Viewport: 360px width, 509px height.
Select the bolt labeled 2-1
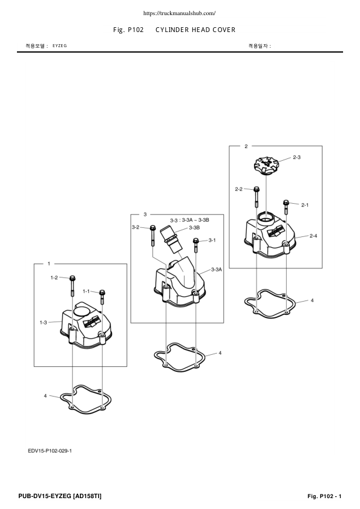tap(286, 207)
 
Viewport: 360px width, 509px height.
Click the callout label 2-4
tap(313, 235)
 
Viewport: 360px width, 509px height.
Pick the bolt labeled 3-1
tap(195, 245)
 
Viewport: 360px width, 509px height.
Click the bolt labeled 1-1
tap(102, 296)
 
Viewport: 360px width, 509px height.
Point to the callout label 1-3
tap(44, 323)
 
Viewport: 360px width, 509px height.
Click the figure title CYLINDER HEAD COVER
tap(195, 30)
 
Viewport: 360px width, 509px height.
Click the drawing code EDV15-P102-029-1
tap(54, 450)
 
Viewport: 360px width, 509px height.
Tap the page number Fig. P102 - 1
tap(324, 496)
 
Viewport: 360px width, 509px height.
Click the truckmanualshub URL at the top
tap(180, 13)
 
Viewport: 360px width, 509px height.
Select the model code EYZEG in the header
tap(60, 46)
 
